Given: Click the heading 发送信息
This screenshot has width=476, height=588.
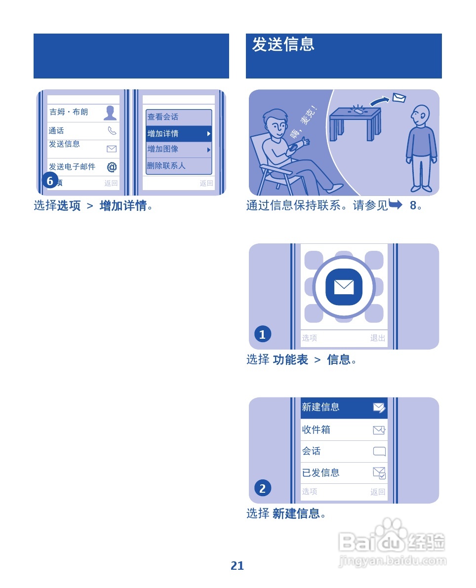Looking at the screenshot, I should (283, 44).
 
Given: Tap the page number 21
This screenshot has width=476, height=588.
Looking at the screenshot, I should (238, 566).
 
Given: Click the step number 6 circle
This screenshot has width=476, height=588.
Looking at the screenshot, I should (50, 181).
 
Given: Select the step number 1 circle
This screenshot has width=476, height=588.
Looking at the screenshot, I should (262, 334).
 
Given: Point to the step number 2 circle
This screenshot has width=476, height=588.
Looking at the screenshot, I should (262, 488).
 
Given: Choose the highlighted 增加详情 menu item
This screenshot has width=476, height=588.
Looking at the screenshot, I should (178, 134).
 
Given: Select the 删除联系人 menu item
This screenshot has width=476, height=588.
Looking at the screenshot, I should (166, 166).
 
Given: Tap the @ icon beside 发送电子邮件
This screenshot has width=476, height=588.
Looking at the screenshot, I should (112, 167).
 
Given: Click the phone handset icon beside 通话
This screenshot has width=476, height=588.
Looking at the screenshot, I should (112, 131).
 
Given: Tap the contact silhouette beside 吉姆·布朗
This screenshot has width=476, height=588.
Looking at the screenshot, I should (110, 113).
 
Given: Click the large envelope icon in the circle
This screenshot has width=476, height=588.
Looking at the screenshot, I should (344, 286).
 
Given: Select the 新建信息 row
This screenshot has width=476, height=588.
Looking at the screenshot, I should (344, 407).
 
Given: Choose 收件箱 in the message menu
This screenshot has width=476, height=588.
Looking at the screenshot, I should (317, 430).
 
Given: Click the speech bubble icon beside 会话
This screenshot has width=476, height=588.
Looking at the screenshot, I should (379, 451).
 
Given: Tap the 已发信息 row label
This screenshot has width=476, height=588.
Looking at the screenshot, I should (321, 473).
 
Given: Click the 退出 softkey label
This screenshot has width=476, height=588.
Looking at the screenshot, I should (378, 338).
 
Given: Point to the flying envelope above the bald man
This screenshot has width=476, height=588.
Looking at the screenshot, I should (398, 98).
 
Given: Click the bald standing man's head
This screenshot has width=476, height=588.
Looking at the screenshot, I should (420, 115).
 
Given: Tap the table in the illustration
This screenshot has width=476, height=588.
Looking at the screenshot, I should (356, 121).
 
